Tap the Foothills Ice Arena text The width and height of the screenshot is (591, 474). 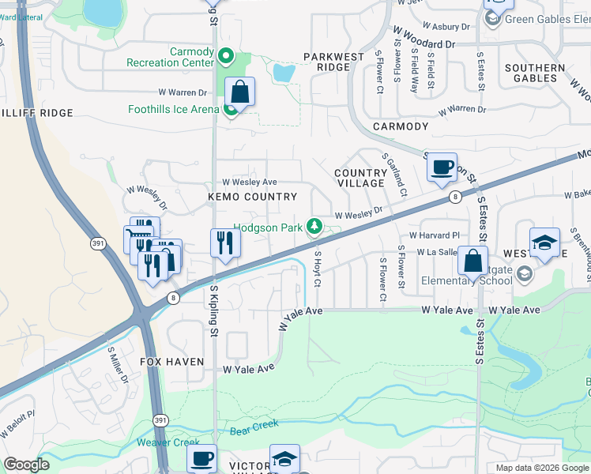[173, 109]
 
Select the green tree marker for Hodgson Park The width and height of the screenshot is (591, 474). [315, 228]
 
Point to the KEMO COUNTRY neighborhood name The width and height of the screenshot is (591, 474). [252, 197]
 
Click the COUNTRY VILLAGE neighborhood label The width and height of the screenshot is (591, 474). [360, 179]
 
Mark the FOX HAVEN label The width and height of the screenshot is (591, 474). [172, 361]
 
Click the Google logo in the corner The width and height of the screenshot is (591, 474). [26, 465]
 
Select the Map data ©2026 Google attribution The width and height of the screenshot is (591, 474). [541, 468]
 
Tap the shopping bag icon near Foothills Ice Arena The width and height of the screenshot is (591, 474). [239, 92]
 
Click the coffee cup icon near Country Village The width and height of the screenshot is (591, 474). [442, 167]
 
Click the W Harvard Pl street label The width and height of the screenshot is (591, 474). [434, 235]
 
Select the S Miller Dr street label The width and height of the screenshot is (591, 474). [118, 363]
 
